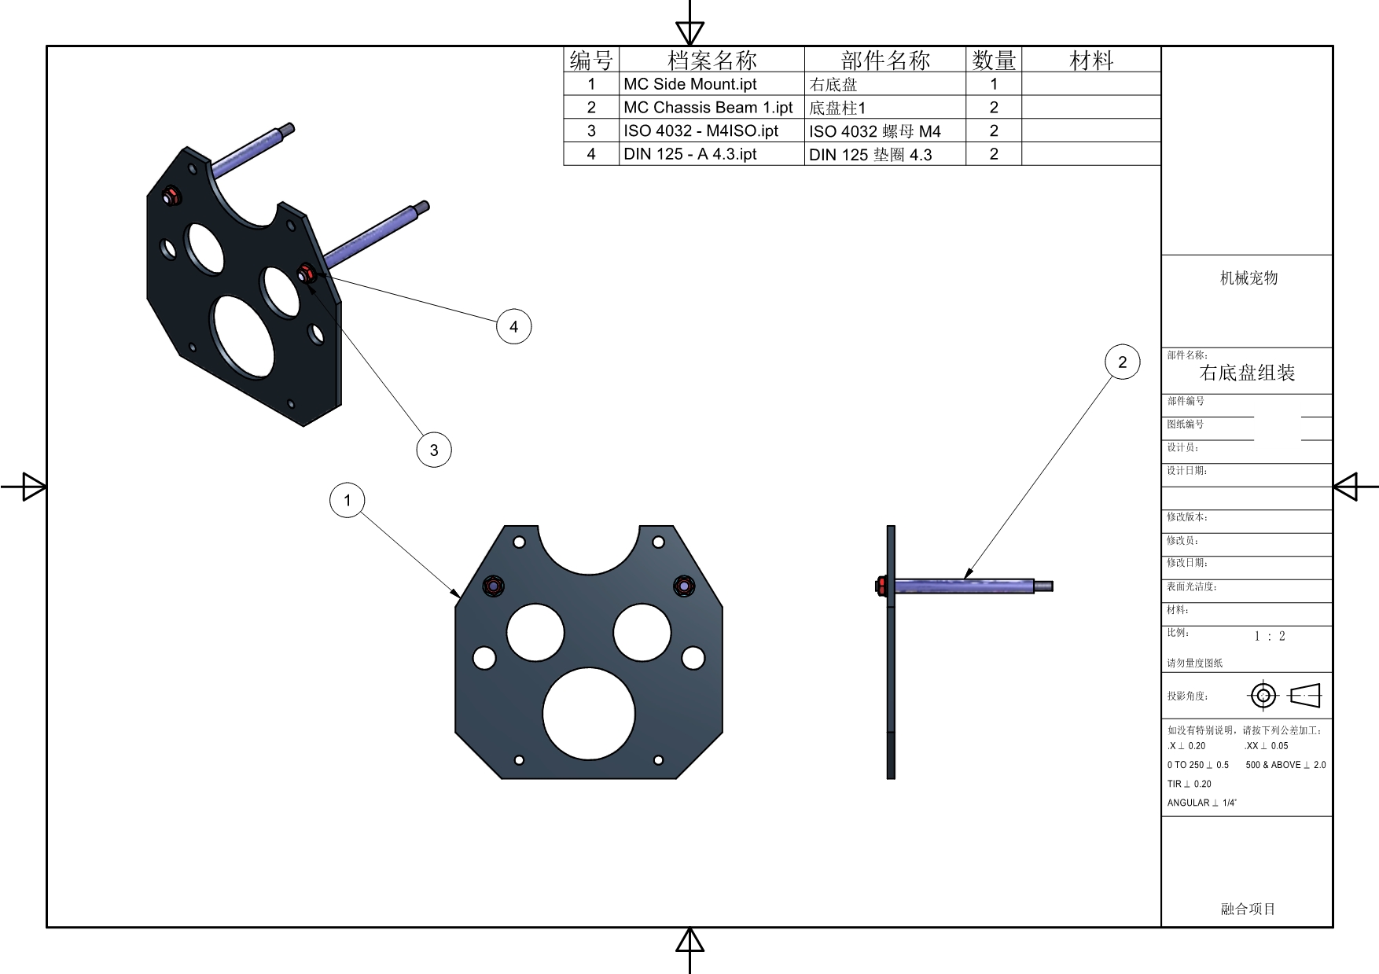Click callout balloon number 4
coord(514,326)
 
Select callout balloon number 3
coord(434,450)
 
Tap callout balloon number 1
coord(348,500)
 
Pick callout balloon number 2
coord(1123,362)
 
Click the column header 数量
coord(994,60)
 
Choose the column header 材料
coord(1091,60)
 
